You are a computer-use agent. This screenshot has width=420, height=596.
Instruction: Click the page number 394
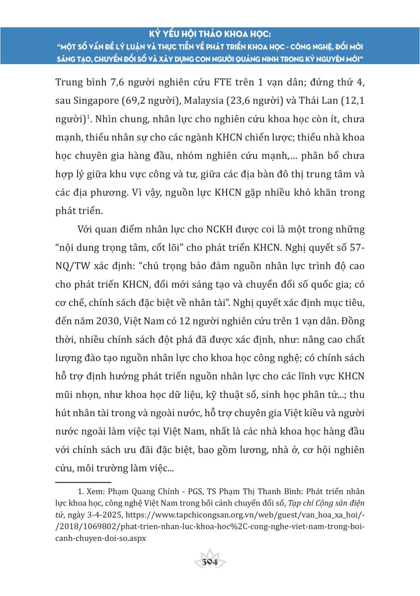pos(210,562)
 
